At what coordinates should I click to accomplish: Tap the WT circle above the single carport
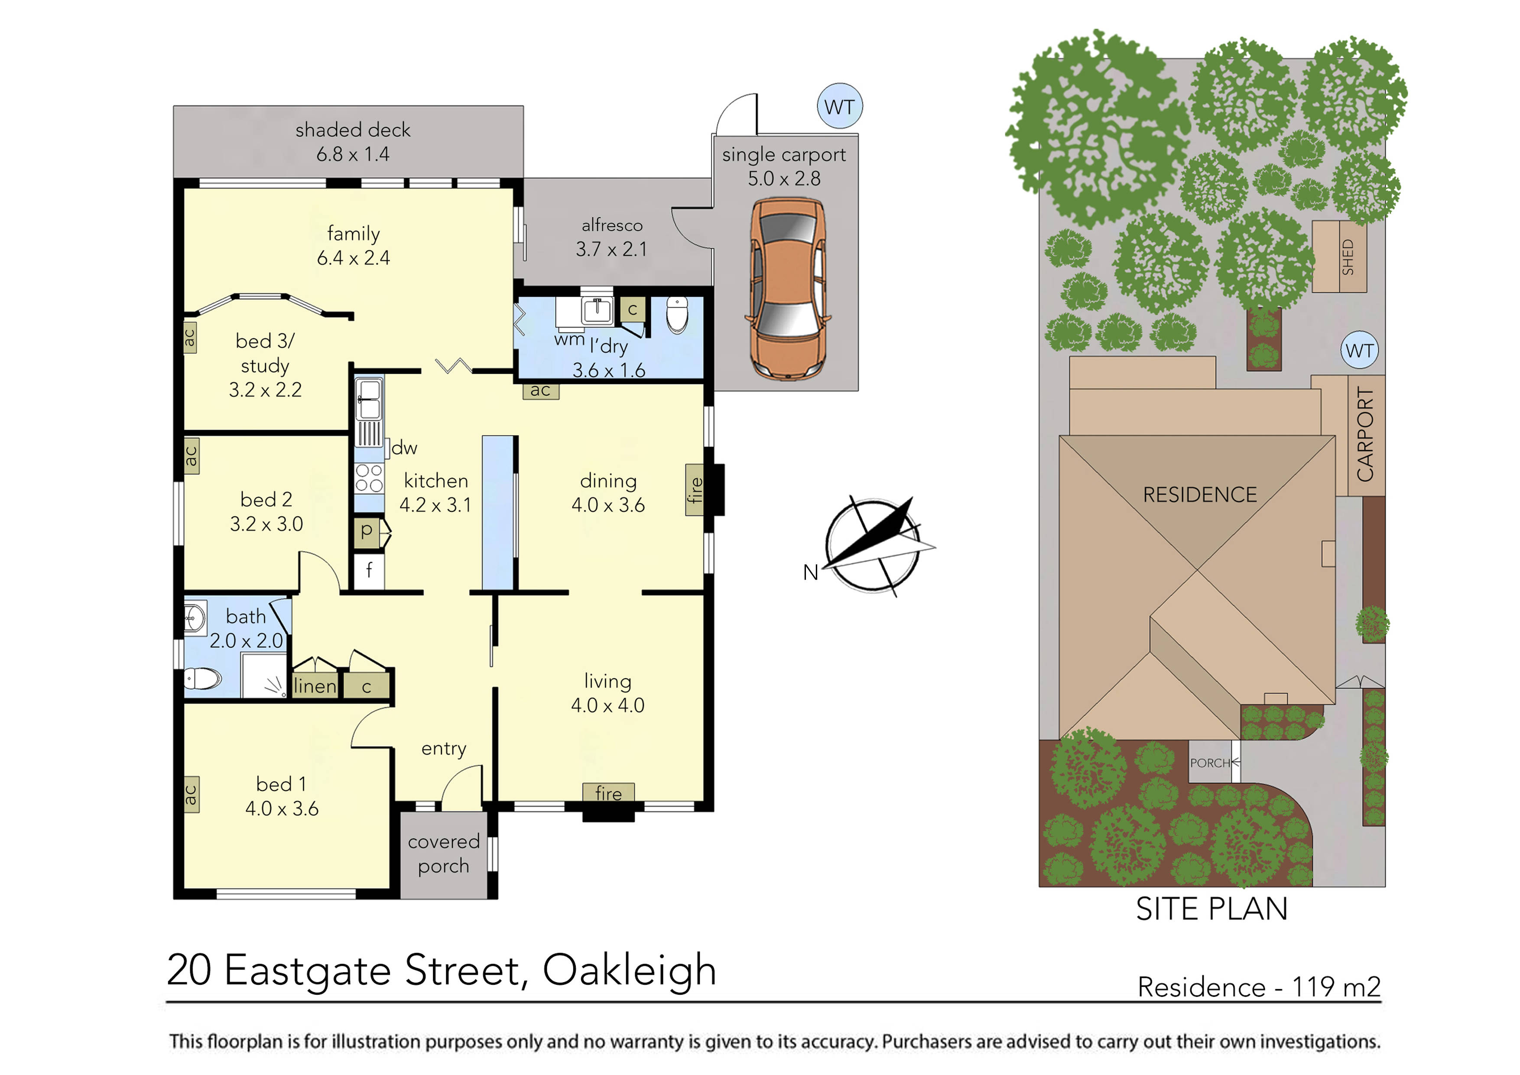(839, 107)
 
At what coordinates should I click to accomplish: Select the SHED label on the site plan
(1347, 257)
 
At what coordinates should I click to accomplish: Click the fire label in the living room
(608, 793)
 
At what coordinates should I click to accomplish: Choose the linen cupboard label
(315, 686)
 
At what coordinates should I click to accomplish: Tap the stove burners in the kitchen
(369, 478)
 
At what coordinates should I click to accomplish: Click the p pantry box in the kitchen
(367, 531)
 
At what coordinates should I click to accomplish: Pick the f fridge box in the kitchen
(369, 570)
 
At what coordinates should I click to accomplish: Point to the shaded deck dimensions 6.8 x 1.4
(353, 154)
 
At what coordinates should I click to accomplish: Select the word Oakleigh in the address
(630, 971)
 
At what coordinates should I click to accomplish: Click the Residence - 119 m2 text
(1258, 987)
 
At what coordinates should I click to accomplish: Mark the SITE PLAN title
(1211, 909)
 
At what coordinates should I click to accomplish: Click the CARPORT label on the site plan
(1365, 435)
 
